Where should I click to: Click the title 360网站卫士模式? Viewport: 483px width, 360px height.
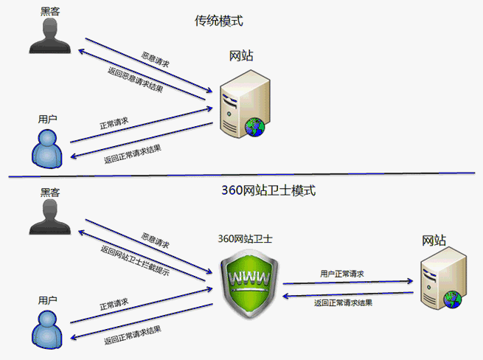click(268, 190)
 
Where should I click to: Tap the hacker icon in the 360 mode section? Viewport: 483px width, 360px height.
click(49, 217)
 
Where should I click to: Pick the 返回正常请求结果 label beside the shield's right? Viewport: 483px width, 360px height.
click(343, 302)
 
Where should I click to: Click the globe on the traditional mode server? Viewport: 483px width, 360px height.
click(256, 128)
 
